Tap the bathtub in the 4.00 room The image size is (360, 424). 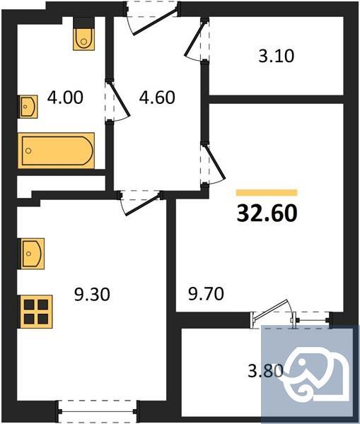(57, 151)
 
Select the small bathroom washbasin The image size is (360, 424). (28, 107)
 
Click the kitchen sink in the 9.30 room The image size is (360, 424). (32, 254)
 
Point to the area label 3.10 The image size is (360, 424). (276, 56)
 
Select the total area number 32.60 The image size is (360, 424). (266, 212)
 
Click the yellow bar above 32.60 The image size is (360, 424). (266, 192)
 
